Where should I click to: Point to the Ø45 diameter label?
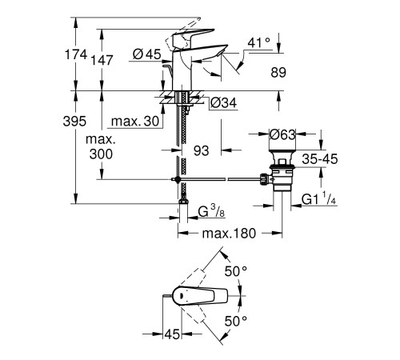148,55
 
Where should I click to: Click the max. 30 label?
134,121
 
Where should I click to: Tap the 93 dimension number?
200,150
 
